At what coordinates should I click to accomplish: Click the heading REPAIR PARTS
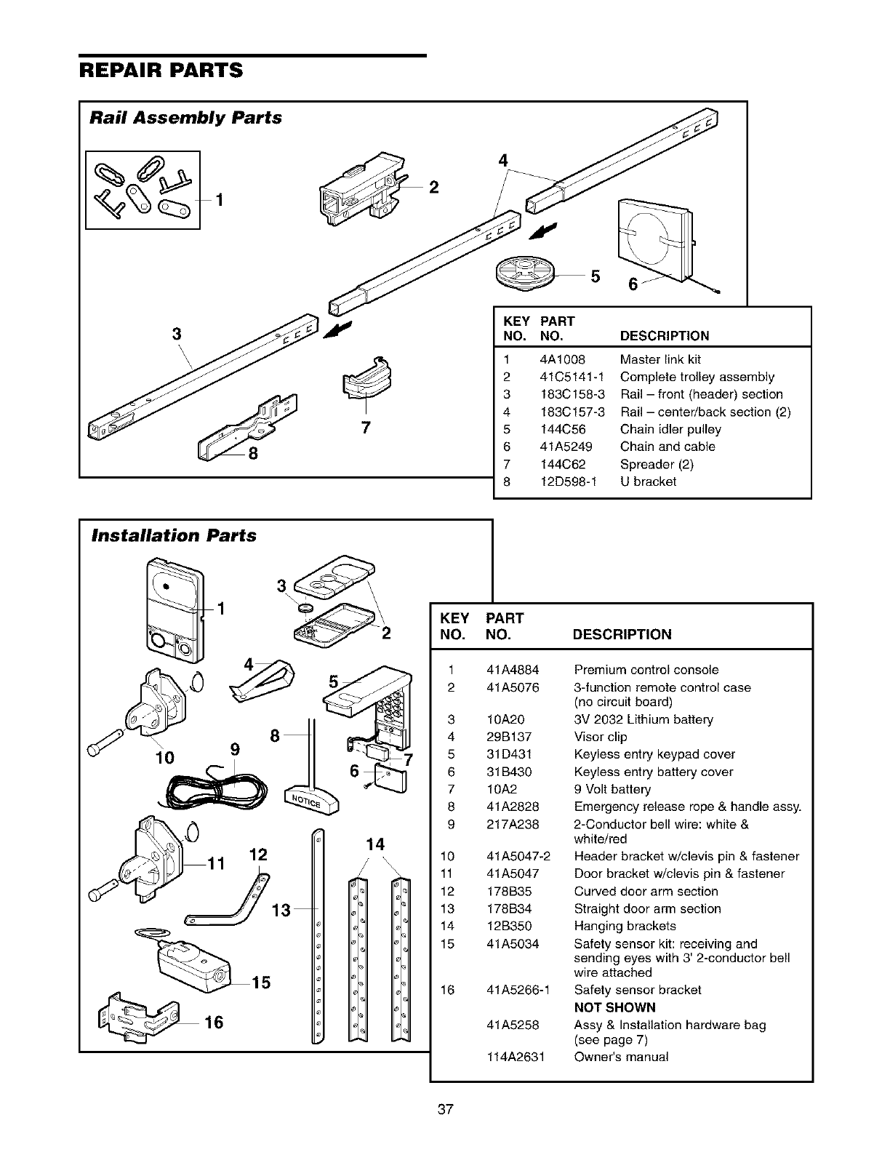(161, 71)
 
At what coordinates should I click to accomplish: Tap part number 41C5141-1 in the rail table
(572, 377)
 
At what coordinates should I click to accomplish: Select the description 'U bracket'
(648, 481)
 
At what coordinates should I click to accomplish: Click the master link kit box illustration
(143, 190)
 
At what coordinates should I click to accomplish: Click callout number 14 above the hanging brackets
(375, 844)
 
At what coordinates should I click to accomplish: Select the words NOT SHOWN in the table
(614, 1007)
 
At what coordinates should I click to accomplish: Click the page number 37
(446, 1110)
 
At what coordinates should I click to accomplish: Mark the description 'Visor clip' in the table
(600, 737)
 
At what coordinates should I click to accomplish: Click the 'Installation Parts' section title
(174, 536)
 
